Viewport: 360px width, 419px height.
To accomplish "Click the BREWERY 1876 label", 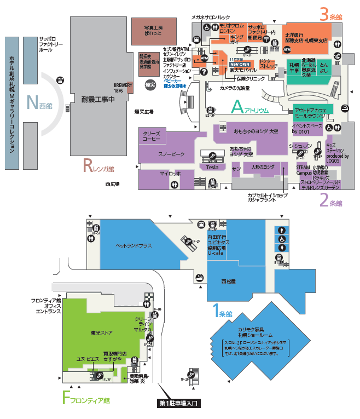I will coord(123,88).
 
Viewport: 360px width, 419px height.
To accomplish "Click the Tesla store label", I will coord(213,167).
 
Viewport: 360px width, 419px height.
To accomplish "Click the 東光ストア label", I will coord(102,332).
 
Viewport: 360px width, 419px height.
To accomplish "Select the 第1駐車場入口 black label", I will coord(178,404).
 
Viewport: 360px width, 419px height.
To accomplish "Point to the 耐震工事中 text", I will coord(97,100).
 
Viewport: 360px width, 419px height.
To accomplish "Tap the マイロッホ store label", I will coord(166,174).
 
